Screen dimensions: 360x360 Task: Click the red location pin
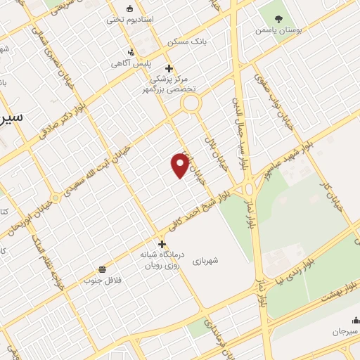coord(181,165)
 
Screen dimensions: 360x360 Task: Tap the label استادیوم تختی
coord(124,20)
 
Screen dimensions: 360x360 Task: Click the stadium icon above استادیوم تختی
coord(129,8)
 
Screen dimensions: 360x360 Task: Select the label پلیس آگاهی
coord(127,63)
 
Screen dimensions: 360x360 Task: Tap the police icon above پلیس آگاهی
coord(130,52)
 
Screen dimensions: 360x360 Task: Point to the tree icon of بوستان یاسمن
coord(281,19)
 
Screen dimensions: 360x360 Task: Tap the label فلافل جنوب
coord(103,280)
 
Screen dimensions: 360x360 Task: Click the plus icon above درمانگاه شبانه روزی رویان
coord(162,244)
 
